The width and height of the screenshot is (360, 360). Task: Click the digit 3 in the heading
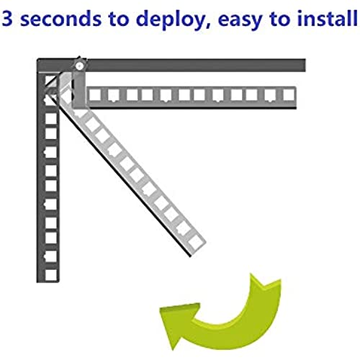[x=7, y=19]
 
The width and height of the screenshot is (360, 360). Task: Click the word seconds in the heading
[x=60, y=19]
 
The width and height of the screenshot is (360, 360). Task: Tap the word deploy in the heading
[x=170, y=19]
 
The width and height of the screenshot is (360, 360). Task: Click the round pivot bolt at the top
[x=79, y=66]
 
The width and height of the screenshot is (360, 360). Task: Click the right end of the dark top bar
[x=305, y=65]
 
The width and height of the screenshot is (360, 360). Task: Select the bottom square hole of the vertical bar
[x=51, y=274]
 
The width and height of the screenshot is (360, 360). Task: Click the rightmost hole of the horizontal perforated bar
[x=289, y=95]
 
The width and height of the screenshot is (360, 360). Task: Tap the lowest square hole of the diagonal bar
[x=196, y=242]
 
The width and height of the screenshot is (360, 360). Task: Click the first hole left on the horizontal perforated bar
[x=95, y=95]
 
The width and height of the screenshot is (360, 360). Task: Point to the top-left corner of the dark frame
[x=37, y=59]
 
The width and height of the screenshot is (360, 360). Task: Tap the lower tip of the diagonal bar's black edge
[x=191, y=256]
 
